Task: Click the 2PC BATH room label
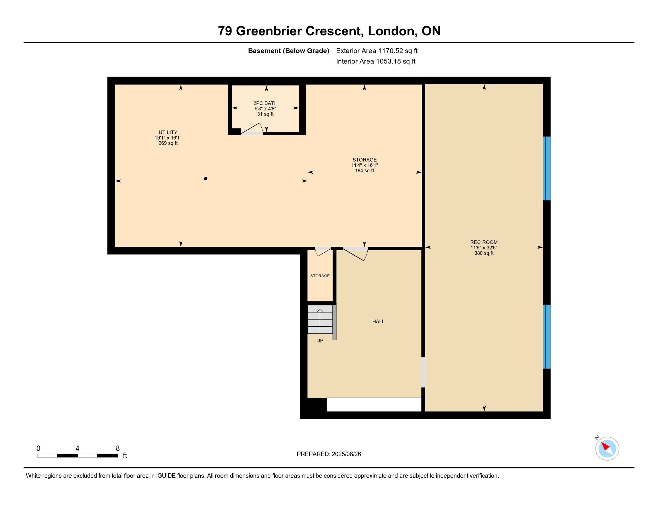click(265, 103)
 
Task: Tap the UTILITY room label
click(168, 132)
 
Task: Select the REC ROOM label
click(484, 242)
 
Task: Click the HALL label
click(378, 322)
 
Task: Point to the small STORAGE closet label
click(320, 275)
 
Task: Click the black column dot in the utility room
click(206, 179)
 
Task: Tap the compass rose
click(607, 449)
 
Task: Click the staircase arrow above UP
click(320, 319)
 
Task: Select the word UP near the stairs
click(320, 341)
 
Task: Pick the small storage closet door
click(323, 252)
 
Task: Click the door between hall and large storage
click(356, 254)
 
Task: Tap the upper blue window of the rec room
click(546, 168)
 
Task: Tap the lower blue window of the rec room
click(546, 337)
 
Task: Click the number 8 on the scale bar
click(118, 449)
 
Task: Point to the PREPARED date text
click(329, 454)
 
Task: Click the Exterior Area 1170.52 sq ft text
click(377, 51)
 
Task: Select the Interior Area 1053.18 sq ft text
click(376, 61)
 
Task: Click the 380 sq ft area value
click(484, 253)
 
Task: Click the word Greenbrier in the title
click(269, 31)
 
